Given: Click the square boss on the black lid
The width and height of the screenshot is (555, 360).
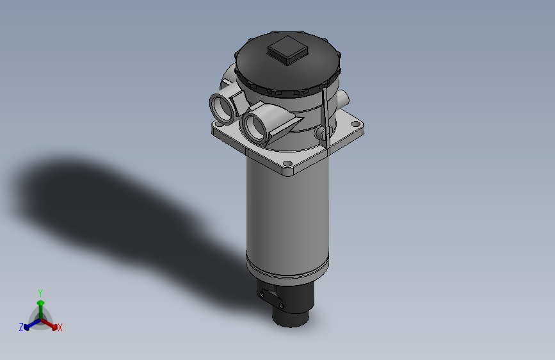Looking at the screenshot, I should [287, 50].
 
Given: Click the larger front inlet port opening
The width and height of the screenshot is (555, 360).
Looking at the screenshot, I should [256, 126].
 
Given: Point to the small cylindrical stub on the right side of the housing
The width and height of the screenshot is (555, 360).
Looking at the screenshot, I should [345, 99].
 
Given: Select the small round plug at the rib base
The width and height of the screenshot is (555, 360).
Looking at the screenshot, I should [319, 133].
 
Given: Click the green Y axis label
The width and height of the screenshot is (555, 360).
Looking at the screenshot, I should [40, 292].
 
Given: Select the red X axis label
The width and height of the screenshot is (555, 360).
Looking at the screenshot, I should [60, 328].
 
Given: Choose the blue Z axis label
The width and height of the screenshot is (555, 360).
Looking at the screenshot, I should [21, 327].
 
